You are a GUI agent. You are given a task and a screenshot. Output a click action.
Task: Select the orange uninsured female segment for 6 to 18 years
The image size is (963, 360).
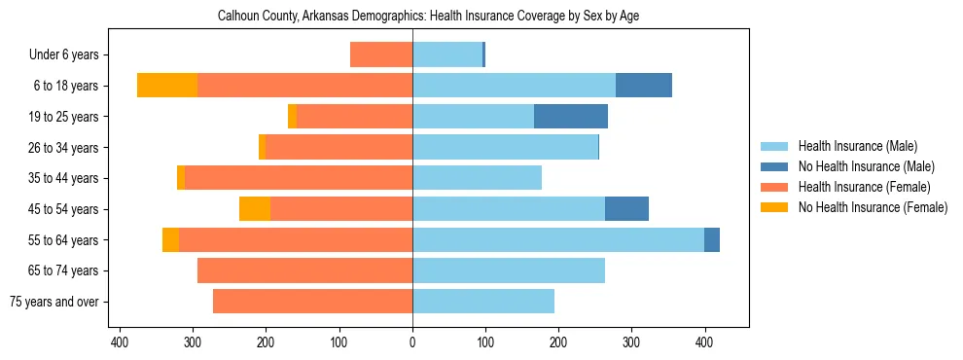tap(167, 86)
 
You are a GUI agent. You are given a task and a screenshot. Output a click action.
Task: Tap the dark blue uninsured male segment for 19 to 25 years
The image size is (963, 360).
tap(571, 117)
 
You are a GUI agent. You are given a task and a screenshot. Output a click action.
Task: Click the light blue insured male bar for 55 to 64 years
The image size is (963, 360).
tap(558, 239)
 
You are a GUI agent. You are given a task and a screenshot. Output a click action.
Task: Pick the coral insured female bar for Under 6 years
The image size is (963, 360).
tap(381, 54)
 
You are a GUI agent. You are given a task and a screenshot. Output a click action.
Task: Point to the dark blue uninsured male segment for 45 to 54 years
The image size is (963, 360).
tap(626, 209)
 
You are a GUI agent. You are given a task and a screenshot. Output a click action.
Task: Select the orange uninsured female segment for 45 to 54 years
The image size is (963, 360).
tap(255, 209)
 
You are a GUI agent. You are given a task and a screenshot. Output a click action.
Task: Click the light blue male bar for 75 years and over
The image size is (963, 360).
tap(483, 302)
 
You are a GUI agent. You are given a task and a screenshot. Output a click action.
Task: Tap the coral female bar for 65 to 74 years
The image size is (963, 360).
tap(304, 270)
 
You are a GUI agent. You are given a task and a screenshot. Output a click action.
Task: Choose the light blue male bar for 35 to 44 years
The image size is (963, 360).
tap(477, 178)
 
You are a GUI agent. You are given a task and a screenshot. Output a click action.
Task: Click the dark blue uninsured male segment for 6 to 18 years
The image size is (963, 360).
tap(644, 86)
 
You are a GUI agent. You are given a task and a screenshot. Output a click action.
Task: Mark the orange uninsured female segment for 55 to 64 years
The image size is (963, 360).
tap(170, 239)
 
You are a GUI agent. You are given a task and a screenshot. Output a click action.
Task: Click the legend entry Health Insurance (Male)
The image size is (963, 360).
tap(858, 146)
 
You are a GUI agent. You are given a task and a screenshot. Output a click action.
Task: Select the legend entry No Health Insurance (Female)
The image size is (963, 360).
tap(873, 207)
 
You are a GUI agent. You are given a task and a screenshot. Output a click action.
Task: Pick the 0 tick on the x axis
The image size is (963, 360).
tap(412, 342)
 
